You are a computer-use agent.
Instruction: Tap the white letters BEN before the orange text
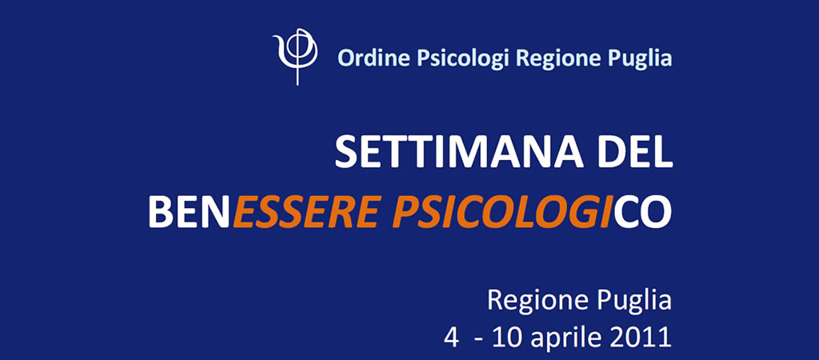pyautogui.click(x=189, y=212)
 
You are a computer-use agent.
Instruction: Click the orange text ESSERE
pyautogui.click(x=305, y=212)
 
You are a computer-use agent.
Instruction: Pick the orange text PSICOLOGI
pyautogui.click(x=502, y=212)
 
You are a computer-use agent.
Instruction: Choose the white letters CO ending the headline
pyautogui.click(x=643, y=212)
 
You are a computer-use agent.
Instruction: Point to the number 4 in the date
pyautogui.click(x=451, y=338)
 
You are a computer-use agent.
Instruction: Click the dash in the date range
pyautogui.click(x=477, y=341)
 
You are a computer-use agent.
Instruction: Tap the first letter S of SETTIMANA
pyautogui.click(x=346, y=152)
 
